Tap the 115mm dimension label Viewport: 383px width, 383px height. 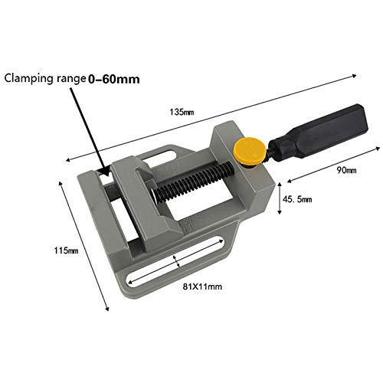pyautogui.click(x=65, y=250)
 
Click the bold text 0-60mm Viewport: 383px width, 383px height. pyautogui.click(x=115, y=77)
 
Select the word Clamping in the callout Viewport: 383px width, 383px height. pyautogui.click(x=30, y=78)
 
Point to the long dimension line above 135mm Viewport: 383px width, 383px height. pyautogui.click(x=214, y=115)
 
